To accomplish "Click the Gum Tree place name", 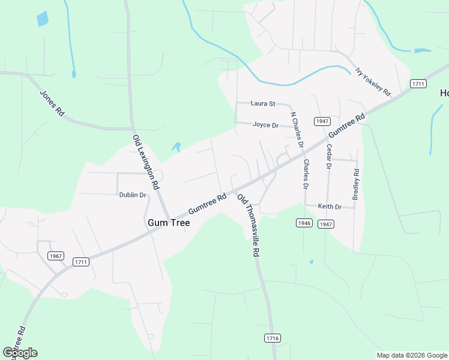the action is coord(169,223).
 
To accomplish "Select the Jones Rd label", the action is coord(52,103).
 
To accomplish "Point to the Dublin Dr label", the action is coord(133,195).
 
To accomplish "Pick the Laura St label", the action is coord(263,104).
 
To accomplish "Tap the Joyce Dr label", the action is coord(266,125).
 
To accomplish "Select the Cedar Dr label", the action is coord(329,156).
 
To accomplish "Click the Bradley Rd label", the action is coord(356,184).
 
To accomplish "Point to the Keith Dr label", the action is coord(330,207).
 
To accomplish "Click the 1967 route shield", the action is coord(56,256).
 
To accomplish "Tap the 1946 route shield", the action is coord(304,223).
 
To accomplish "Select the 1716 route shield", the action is coord(273,338).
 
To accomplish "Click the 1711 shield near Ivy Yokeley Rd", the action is coord(418,84).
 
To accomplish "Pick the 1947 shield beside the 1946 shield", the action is coord(325,224).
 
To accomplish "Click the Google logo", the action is coord(20,353).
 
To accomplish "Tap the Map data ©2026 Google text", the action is coord(412,355).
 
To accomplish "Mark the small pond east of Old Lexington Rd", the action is coord(176,146).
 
